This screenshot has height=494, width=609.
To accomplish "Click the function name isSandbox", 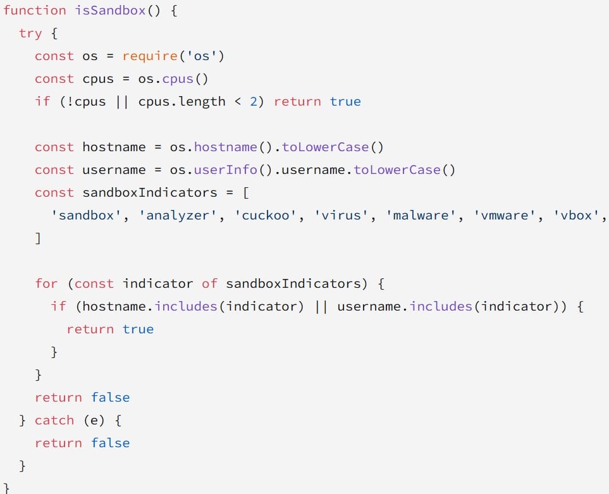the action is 110,10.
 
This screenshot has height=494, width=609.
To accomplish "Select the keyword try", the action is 30,34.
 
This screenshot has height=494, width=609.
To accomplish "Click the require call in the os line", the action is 150,57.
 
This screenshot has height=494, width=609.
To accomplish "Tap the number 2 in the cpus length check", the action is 254,102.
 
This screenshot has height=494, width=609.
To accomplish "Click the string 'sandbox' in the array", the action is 87,215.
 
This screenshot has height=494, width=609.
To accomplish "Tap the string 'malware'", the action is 421,215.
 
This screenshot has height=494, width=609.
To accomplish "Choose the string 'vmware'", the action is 505,215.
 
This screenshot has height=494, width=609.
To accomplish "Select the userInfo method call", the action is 225,170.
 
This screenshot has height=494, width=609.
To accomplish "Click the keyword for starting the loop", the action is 46,283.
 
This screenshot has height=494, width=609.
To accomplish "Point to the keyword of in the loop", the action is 209,283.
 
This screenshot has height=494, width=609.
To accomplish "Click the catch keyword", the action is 54,420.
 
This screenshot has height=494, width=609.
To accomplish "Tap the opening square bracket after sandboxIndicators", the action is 246,193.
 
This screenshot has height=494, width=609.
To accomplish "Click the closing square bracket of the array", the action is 38,238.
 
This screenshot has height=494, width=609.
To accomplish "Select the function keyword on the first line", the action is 35,10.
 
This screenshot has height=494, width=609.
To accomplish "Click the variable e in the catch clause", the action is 94,421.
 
